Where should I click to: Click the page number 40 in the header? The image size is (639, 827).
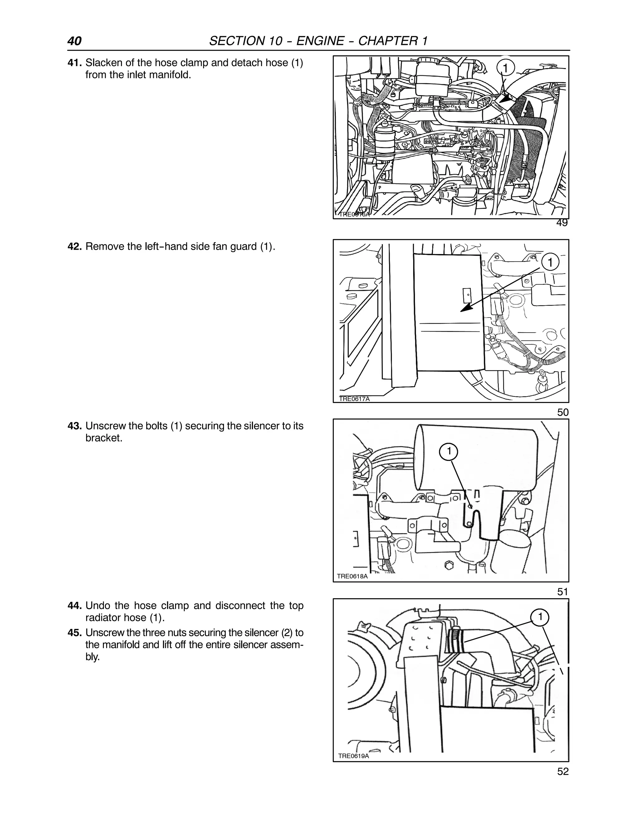coord(74,41)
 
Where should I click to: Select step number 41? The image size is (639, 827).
coord(74,63)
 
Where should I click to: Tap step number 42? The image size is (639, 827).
coord(74,247)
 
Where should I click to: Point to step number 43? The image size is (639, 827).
coord(74,426)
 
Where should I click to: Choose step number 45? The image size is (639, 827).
coord(74,633)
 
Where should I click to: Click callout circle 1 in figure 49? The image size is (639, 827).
coord(505,68)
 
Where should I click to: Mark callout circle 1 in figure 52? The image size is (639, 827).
coord(540,617)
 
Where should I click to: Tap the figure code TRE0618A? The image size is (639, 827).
coord(352,576)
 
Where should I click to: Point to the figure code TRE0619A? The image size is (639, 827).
coord(353,756)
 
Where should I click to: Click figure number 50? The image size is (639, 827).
coord(563,412)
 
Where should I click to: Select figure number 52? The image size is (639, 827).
coord(563,772)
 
